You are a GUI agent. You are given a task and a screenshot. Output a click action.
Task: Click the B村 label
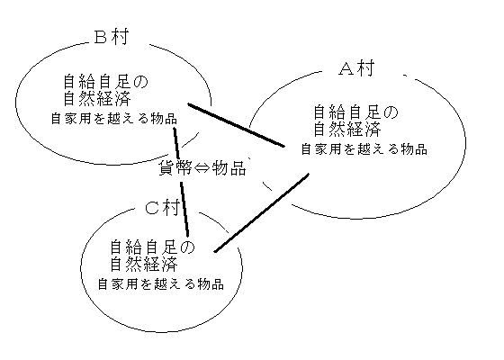tap(112, 37)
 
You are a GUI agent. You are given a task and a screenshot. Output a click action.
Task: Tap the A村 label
tap(356, 68)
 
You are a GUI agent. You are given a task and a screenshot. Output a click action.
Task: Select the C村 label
tap(162, 207)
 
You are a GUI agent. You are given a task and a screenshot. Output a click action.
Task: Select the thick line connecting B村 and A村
tap(236, 125)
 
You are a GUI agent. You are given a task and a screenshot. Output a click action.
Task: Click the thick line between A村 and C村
tap(262, 212)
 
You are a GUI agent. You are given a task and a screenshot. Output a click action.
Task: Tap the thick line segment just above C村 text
tap(184, 210)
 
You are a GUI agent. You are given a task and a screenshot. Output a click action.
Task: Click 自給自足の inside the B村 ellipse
tap(106, 82)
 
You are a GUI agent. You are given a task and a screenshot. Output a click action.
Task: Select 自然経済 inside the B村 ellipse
tap(97, 99)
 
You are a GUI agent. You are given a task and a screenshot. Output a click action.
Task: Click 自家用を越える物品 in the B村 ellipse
tap(114, 119)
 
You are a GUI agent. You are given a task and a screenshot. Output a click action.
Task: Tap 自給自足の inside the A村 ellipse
tap(355, 112)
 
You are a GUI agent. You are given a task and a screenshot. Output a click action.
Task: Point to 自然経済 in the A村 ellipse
tap(347, 130)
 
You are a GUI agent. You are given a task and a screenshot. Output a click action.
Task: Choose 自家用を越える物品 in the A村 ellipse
tap(364, 149)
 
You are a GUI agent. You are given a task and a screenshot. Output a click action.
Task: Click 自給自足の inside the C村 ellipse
tap(153, 247)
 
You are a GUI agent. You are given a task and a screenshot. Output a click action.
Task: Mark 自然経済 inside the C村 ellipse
tap(144, 264)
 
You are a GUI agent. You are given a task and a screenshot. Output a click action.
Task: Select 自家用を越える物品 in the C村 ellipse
tap(161, 284)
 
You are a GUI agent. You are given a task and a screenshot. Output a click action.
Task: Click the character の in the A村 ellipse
tap(391, 112)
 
